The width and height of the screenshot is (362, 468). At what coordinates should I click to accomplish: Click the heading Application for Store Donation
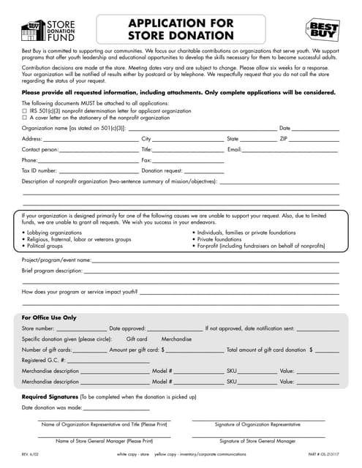pyautogui.click(x=181, y=29)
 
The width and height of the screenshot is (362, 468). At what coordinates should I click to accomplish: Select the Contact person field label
pyautogui.click(x=39, y=149)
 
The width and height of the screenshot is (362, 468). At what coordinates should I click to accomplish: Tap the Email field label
pyautogui.click(x=235, y=149)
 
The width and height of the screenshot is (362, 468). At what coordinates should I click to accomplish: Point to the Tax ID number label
pyautogui.click(x=39, y=170)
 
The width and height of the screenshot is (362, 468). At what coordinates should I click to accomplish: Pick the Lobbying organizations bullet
pyautogui.click(x=54, y=233)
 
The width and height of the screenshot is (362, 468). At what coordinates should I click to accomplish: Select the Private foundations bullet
pyautogui.click(x=219, y=239)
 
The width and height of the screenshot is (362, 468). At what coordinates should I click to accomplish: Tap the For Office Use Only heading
pyautogui.click(x=48, y=318)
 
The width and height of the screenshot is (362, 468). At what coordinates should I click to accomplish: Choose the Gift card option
pyautogui.click(x=137, y=339)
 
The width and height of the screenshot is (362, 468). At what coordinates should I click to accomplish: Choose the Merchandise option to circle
pyautogui.click(x=176, y=339)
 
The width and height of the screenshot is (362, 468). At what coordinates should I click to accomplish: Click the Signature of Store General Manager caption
pyautogui.click(x=257, y=441)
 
